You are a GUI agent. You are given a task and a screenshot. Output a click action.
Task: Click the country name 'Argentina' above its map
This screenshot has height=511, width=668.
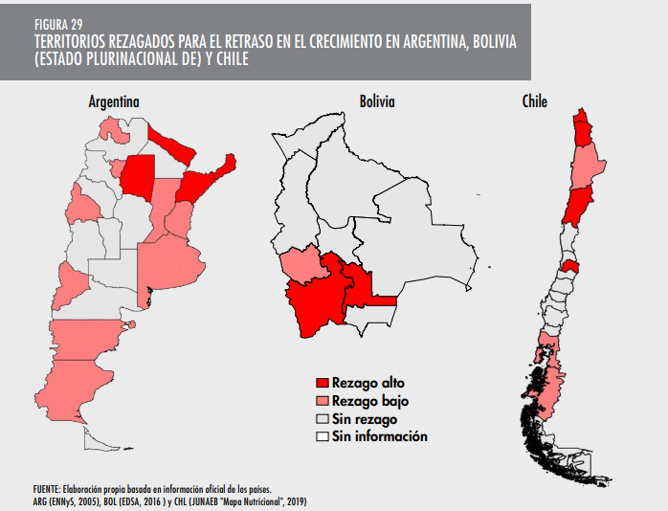point(114,101)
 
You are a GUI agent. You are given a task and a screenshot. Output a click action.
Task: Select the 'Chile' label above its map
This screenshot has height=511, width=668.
point(534,101)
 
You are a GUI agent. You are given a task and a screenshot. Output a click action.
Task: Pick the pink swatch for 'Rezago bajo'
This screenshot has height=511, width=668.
point(323,402)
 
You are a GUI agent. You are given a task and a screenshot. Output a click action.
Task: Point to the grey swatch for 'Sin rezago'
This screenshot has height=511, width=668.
point(323,419)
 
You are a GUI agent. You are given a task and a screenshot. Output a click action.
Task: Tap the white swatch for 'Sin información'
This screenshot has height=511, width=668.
point(323,436)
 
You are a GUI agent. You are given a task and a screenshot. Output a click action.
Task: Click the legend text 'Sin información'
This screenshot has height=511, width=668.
point(380,436)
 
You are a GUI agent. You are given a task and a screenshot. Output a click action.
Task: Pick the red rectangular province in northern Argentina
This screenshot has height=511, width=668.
point(138,175)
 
